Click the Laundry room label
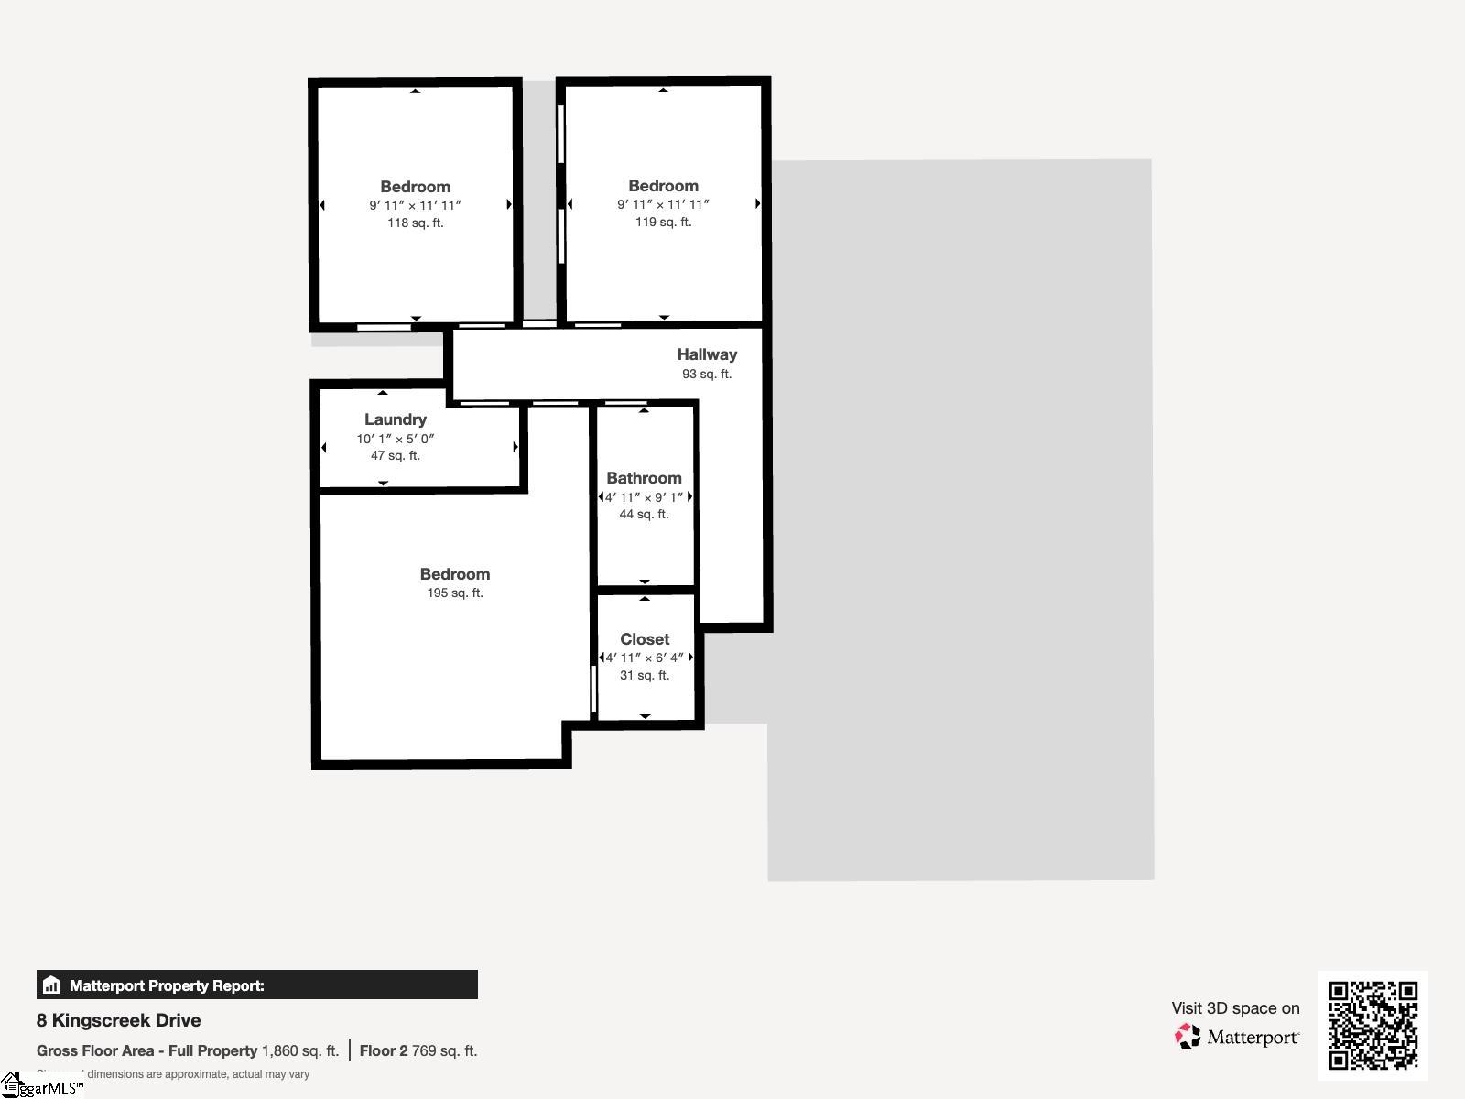pos(396,419)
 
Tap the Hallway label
pos(707,354)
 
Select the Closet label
pos(645,639)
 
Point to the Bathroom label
pos(644,478)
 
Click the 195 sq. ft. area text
pos(455,593)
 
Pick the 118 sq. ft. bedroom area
pos(416,223)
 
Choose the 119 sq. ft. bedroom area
pos(664,222)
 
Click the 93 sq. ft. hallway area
pos(707,374)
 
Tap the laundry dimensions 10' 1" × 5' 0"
pos(396,439)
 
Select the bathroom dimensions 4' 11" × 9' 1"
pos(644,497)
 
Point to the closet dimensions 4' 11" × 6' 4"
pos(645,658)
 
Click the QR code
pos(1373,1025)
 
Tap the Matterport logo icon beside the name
pos(1188,1037)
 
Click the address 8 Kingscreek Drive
pos(119,1020)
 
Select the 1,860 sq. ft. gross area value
pos(300,1050)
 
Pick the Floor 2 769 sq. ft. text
pos(418,1050)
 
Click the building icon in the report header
pos(51,985)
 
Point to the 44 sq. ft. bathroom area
pos(644,514)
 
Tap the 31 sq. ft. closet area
pos(645,675)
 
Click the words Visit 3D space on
pos(1235,1008)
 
